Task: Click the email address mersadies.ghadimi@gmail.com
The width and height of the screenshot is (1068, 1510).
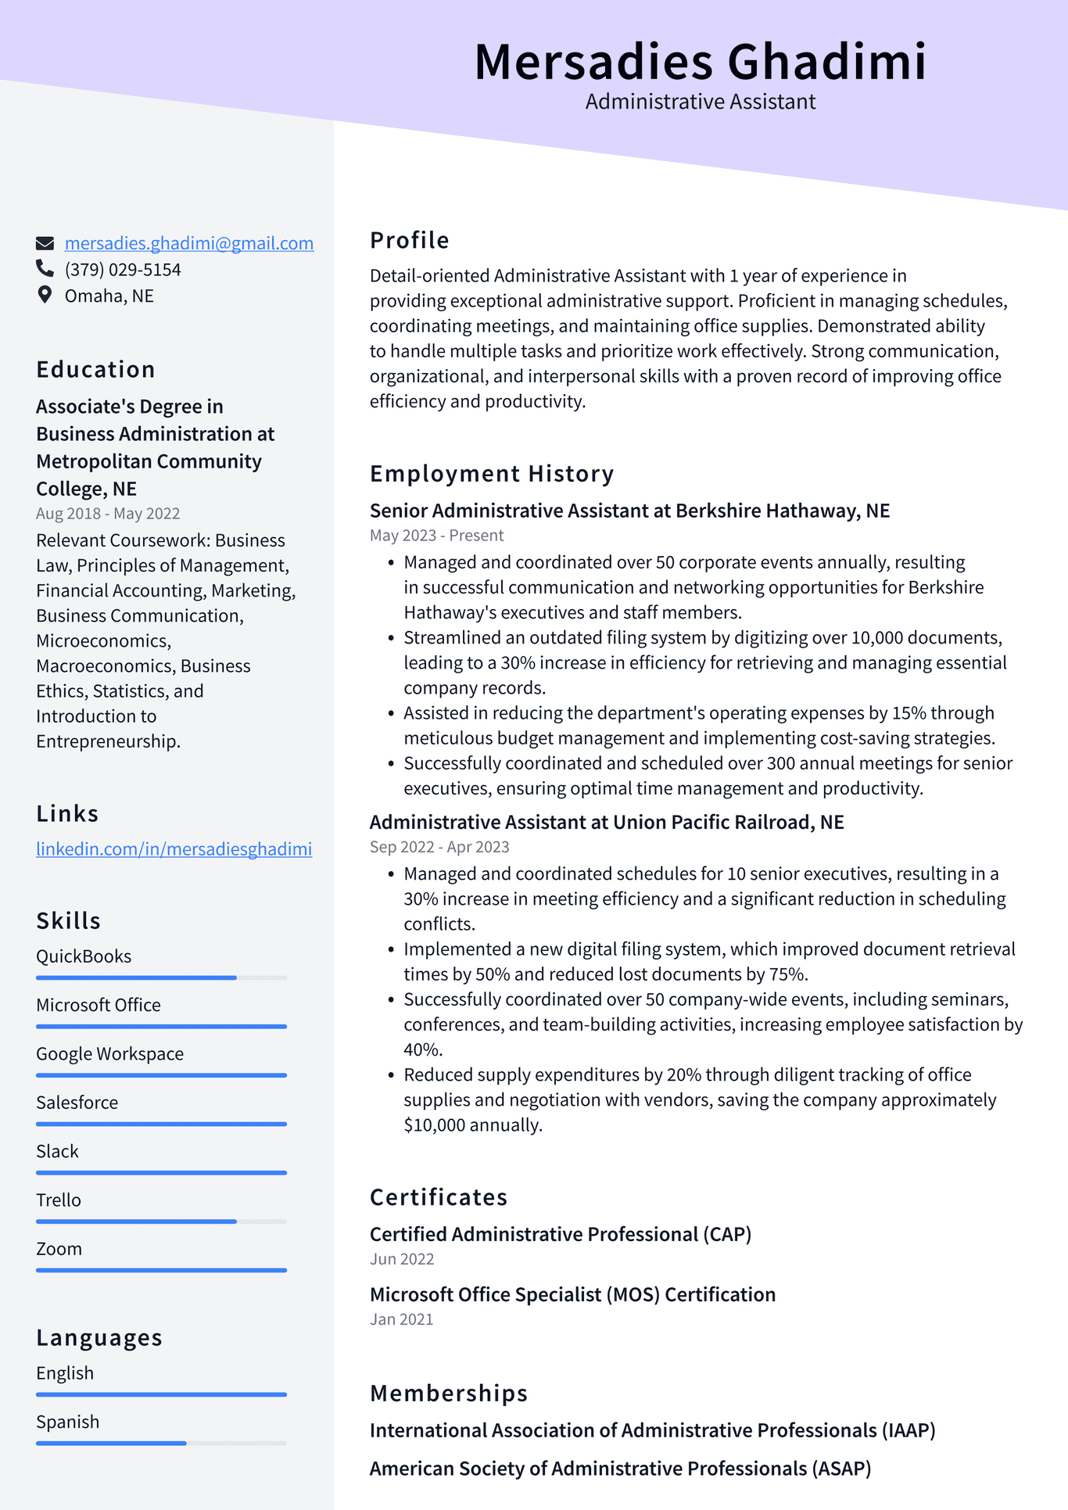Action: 188,243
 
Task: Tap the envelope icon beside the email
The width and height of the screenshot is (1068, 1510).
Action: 45,243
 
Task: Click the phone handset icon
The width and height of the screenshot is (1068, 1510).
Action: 45,269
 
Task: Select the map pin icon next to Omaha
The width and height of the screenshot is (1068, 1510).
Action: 45,295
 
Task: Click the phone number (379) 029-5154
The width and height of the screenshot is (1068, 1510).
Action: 123,270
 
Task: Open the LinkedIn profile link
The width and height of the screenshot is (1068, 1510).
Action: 174,849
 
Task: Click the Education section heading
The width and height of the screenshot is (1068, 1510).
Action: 95,370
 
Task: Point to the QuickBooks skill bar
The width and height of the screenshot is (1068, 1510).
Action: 161,977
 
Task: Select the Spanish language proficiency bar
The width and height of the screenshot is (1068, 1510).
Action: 161,1443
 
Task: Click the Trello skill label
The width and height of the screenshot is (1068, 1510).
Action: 59,1200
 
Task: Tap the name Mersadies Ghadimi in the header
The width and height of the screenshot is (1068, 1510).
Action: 700,63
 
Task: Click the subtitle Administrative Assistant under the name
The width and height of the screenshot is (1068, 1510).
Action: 700,102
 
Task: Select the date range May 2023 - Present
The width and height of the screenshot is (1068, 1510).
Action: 436,536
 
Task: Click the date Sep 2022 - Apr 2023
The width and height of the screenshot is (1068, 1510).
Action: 439,847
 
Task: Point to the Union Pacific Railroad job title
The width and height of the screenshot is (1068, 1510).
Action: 607,823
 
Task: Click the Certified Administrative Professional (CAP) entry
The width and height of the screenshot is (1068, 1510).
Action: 560,1235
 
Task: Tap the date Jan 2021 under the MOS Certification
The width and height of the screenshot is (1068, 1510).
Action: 401,1320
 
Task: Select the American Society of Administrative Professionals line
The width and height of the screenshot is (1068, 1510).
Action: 620,1469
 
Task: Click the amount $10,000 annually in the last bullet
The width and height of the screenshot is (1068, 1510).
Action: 472,1125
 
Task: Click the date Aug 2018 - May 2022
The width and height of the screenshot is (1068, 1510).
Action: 108,514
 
